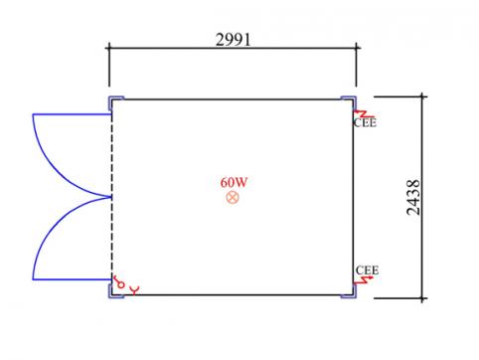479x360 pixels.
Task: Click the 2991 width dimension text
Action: [x=234, y=40]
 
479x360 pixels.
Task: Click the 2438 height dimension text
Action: [x=413, y=198]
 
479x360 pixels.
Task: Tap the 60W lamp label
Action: [x=234, y=182]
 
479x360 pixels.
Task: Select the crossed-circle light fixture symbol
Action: [x=233, y=198]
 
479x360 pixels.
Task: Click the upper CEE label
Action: [x=365, y=123]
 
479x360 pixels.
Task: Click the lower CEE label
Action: [x=367, y=270]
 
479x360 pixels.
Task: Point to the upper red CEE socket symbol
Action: [x=363, y=114]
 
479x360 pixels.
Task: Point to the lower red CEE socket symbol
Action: [x=363, y=280]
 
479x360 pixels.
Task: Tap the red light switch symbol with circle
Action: [x=118, y=282]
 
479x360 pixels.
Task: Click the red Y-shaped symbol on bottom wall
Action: [x=134, y=290]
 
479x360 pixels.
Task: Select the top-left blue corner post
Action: [x=115, y=101]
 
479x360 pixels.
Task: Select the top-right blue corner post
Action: [x=350, y=101]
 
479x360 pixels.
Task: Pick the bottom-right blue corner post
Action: [x=350, y=291]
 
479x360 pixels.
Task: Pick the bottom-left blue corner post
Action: [x=114, y=292]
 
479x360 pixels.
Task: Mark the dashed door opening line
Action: [x=112, y=197]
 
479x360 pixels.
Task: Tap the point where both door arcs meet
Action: [x=110, y=197]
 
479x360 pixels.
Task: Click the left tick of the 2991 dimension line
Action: [x=109, y=48]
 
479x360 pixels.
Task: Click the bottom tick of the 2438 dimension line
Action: [x=422, y=298]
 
